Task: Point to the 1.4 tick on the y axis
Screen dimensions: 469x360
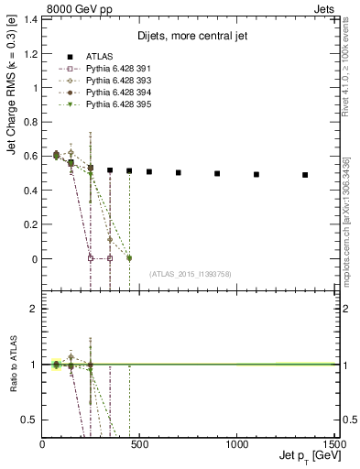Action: tap(30, 19)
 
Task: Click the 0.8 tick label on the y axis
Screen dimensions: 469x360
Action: tap(30, 122)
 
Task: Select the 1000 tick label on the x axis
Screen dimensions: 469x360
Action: tap(236, 444)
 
